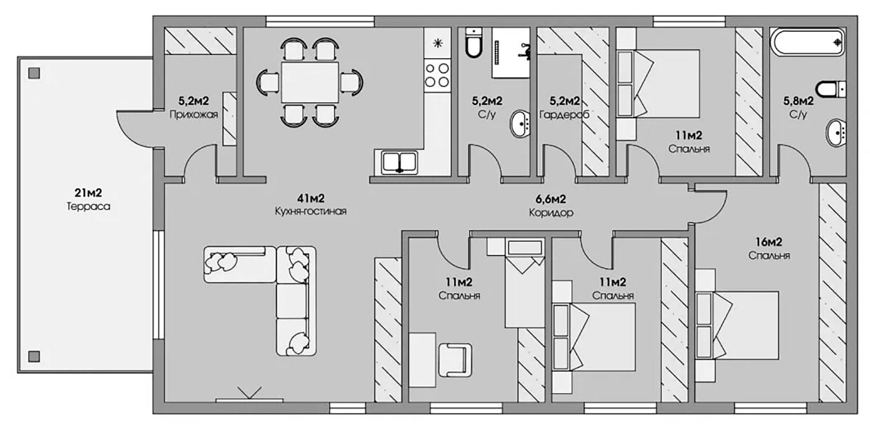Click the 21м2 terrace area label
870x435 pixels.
[x=88, y=193]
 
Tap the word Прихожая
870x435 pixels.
[x=193, y=114]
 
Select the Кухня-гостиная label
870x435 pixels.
[x=311, y=211]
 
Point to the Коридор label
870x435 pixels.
[x=551, y=213]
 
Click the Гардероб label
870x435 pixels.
[x=564, y=114]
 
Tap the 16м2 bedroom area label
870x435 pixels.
[x=768, y=242]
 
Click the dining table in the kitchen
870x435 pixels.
[x=310, y=82]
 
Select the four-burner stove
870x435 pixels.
[x=437, y=75]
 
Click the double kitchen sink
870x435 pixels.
[x=399, y=162]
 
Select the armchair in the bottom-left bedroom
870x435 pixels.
[x=455, y=360]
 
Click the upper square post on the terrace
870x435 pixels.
[x=34, y=73]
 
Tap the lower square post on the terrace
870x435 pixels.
[x=34, y=356]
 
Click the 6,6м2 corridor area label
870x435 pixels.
[x=551, y=199]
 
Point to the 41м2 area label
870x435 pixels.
[x=311, y=198]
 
